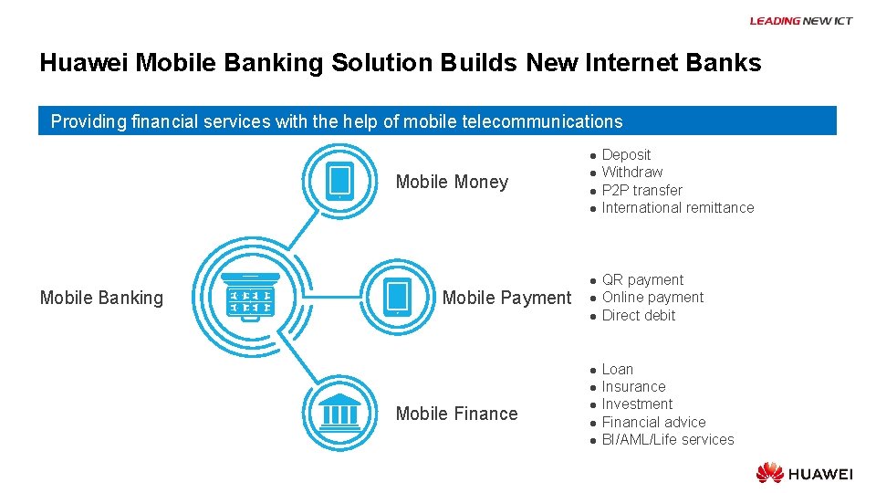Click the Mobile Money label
[452, 182]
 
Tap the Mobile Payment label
[506, 298]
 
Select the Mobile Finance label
[456, 414]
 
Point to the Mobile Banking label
[101, 298]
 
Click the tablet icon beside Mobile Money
[339, 180]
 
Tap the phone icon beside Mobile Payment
[398, 296]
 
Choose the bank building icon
[339, 413]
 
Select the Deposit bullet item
[626, 155]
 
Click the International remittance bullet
[677, 208]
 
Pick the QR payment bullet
[642, 280]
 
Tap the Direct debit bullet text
[639, 316]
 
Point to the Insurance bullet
[633, 387]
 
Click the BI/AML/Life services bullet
[667, 440]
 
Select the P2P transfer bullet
[641, 191]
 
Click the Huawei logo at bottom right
[804, 473]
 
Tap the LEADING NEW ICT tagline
[800, 21]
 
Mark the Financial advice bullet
[653, 423]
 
